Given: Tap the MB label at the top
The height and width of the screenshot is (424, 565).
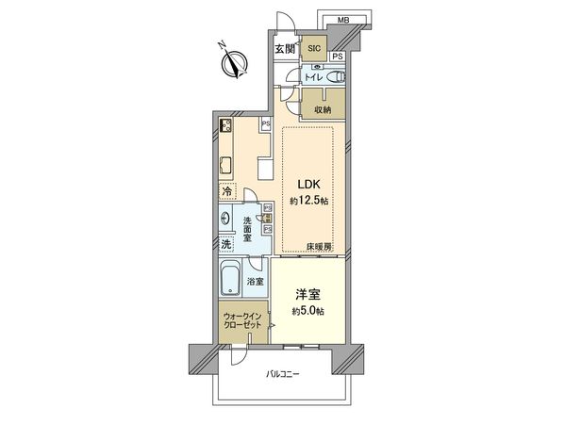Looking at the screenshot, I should click(343, 18).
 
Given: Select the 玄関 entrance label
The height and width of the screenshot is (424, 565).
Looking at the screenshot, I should click(285, 49).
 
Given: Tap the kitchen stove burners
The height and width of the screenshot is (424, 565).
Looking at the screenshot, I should click(227, 125).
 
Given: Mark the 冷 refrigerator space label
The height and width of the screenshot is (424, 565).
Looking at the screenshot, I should click(226, 192).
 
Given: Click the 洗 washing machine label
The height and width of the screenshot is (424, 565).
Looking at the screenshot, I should click(225, 244).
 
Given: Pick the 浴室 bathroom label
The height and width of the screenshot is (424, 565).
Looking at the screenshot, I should click(256, 281).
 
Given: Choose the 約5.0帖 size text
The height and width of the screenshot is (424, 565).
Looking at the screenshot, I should click(308, 311).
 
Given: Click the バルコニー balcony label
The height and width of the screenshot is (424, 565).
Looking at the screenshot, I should click(281, 375).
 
